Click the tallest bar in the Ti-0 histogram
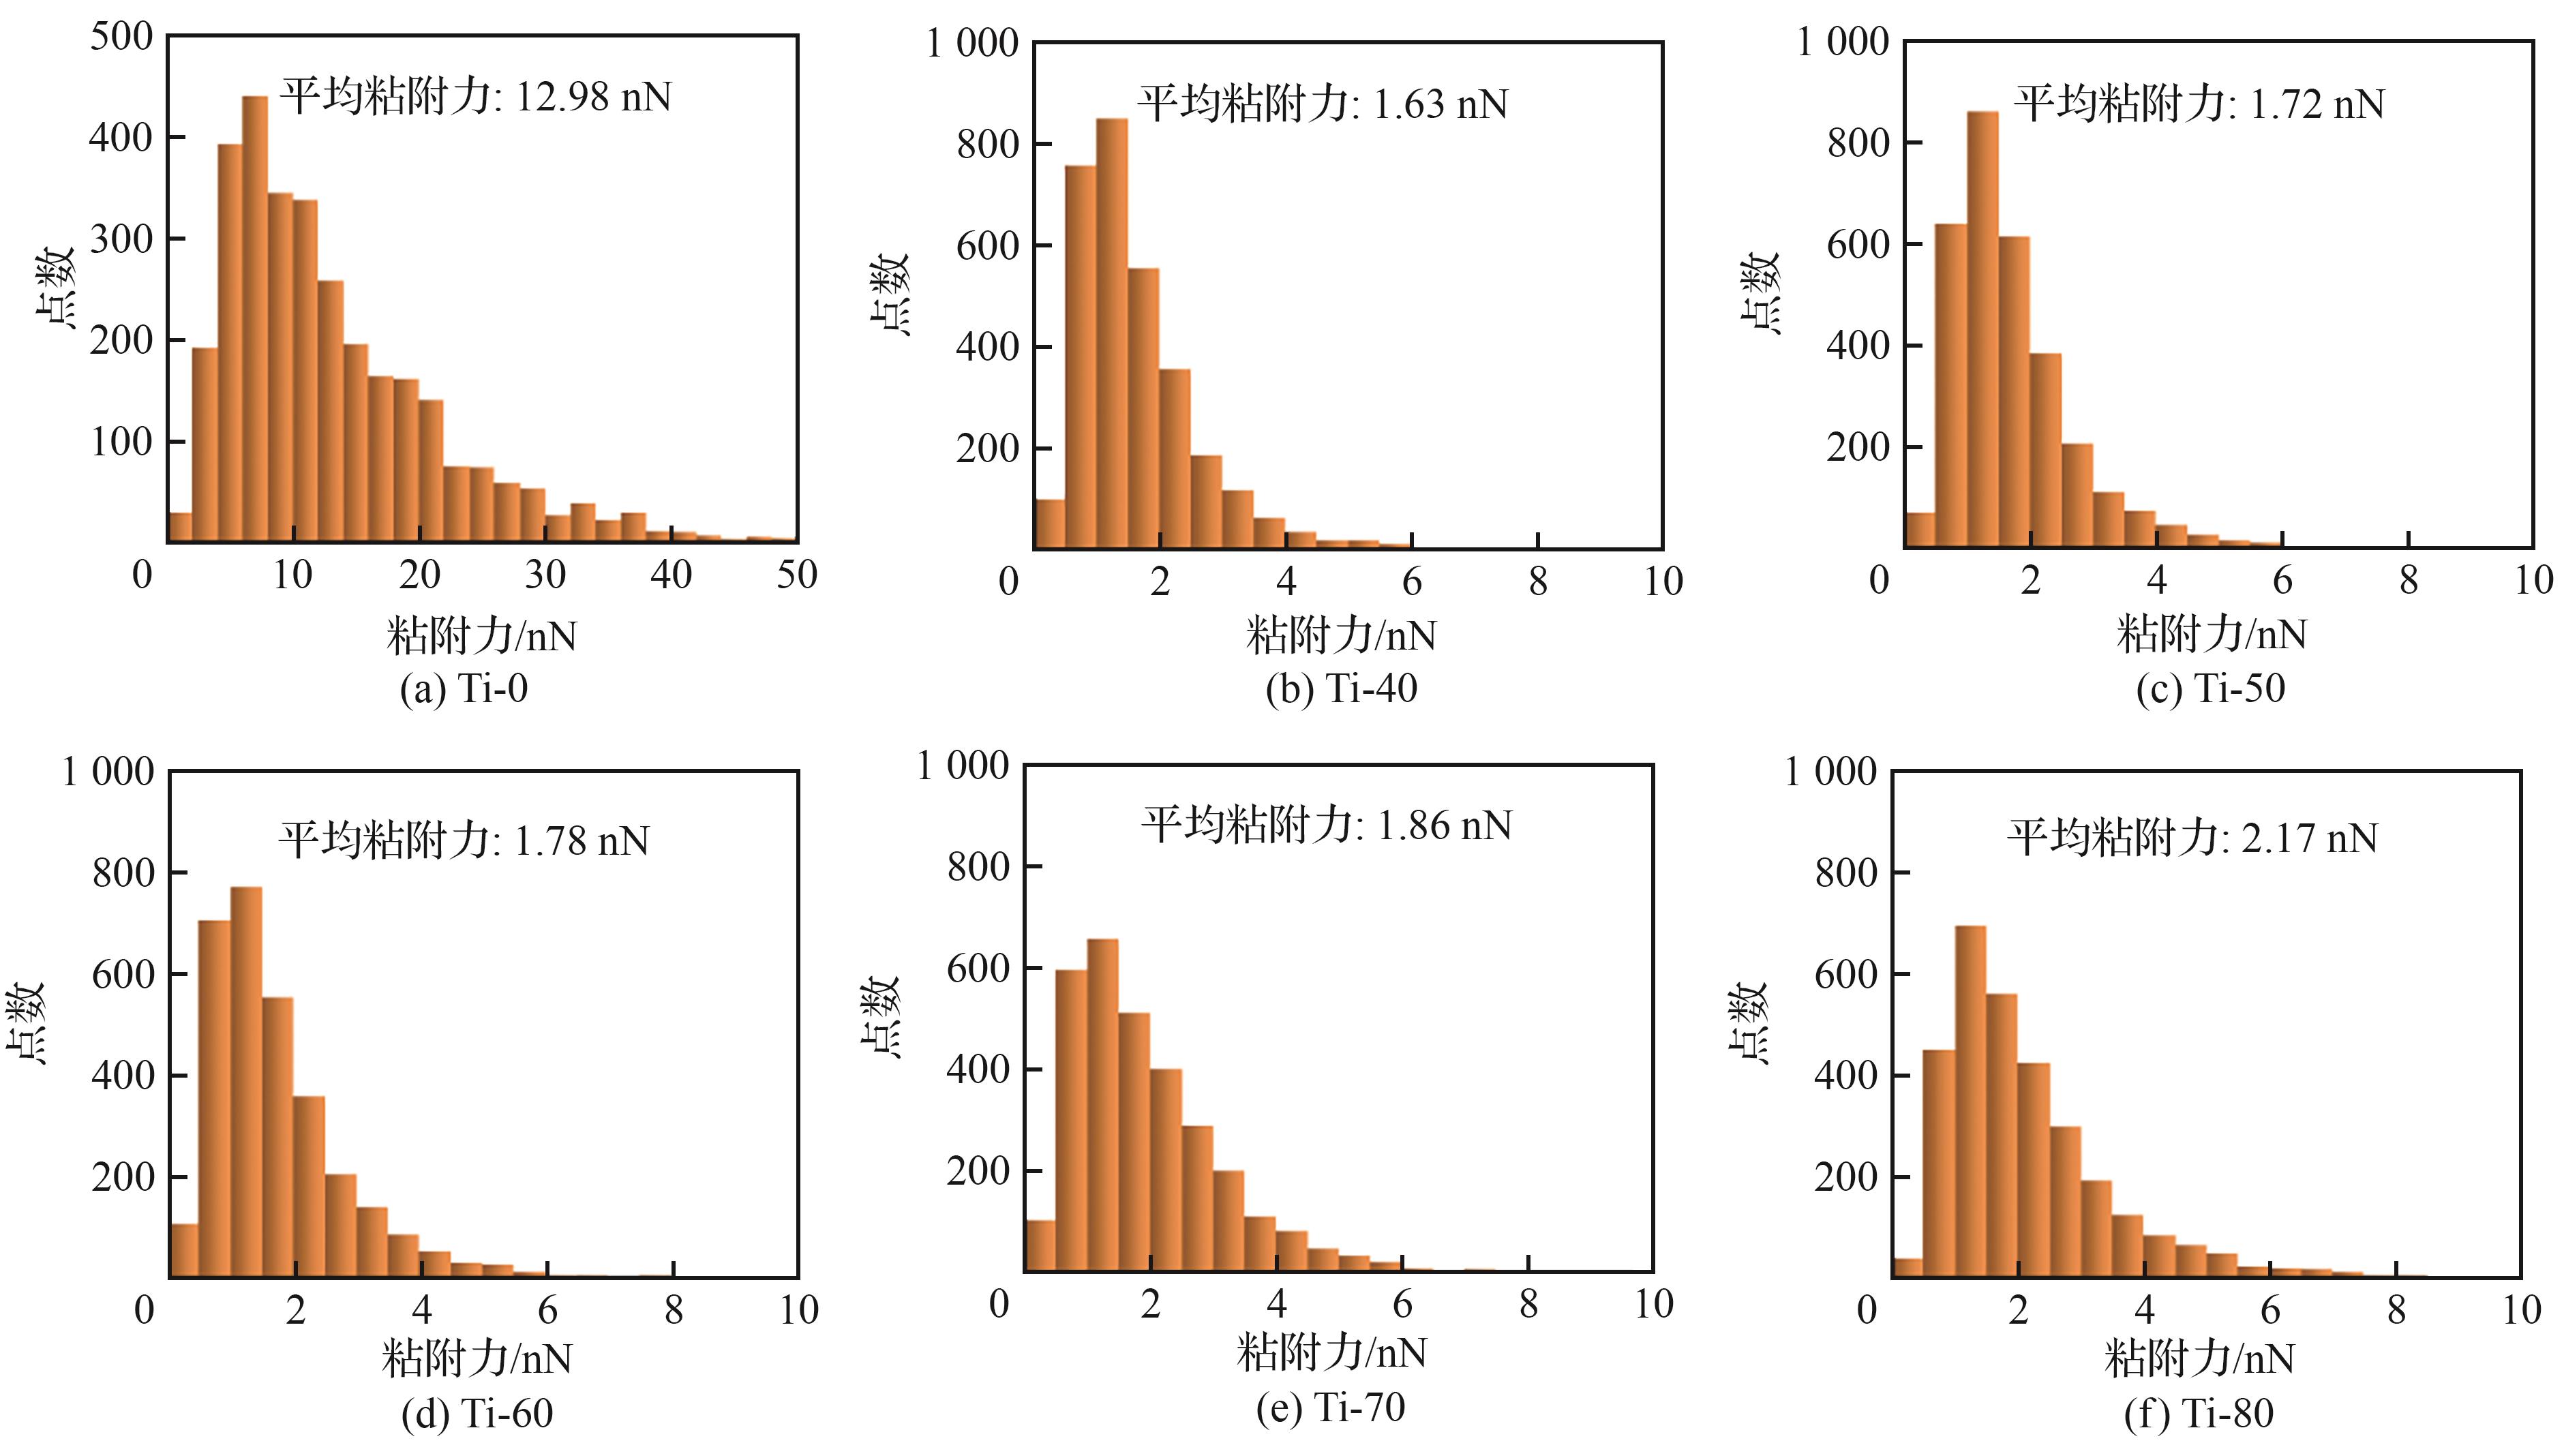tap(255, 318)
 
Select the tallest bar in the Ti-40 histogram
tap(1112, 333)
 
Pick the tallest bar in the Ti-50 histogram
tap(1982, 329)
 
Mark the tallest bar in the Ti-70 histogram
tap(1102, 1105)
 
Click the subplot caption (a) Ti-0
tap(464, 688)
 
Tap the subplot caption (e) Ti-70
tap(1331, 1407)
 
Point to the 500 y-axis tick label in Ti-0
tap(121, 37)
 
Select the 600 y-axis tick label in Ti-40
tap(987, 246)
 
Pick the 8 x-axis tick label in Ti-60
tap(674, 1309)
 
